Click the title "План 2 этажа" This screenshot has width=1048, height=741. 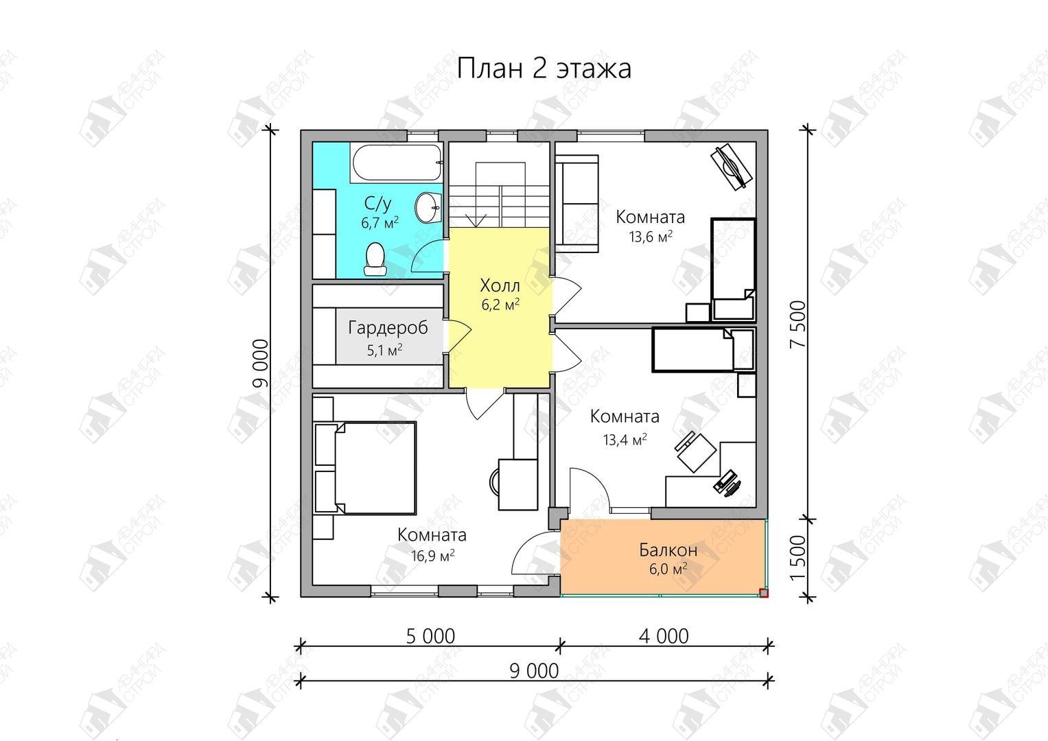pos(544,69)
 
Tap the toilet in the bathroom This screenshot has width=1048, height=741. pos(375,259)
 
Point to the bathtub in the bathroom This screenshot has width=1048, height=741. pos(396,163)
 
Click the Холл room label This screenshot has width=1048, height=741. pos(500,285)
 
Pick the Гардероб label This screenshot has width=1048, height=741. pos(388,328)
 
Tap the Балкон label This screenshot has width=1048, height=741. pos(668,550)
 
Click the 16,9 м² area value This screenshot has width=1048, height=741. pos(433,556)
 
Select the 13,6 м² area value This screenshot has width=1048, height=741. pos(651,237)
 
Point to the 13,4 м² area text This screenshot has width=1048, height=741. pos(625,440)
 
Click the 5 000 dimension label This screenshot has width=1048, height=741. pos(430,637)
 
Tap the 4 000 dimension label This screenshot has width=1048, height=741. pos(664,636)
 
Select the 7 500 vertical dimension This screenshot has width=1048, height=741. pos(798,324)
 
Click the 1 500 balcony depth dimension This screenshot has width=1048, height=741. pos(798,558)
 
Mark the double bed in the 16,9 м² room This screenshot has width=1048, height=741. pos(365,468)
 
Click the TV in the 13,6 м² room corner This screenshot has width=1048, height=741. pos(731,167)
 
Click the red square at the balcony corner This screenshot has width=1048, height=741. pos(764,593)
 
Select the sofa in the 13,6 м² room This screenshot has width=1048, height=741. pos(577,204)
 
